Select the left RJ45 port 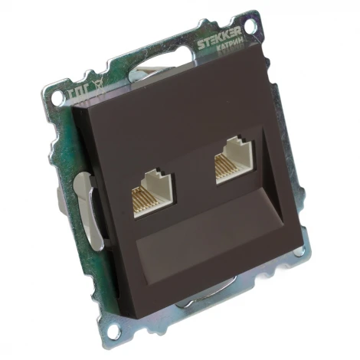tap(152, 195)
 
